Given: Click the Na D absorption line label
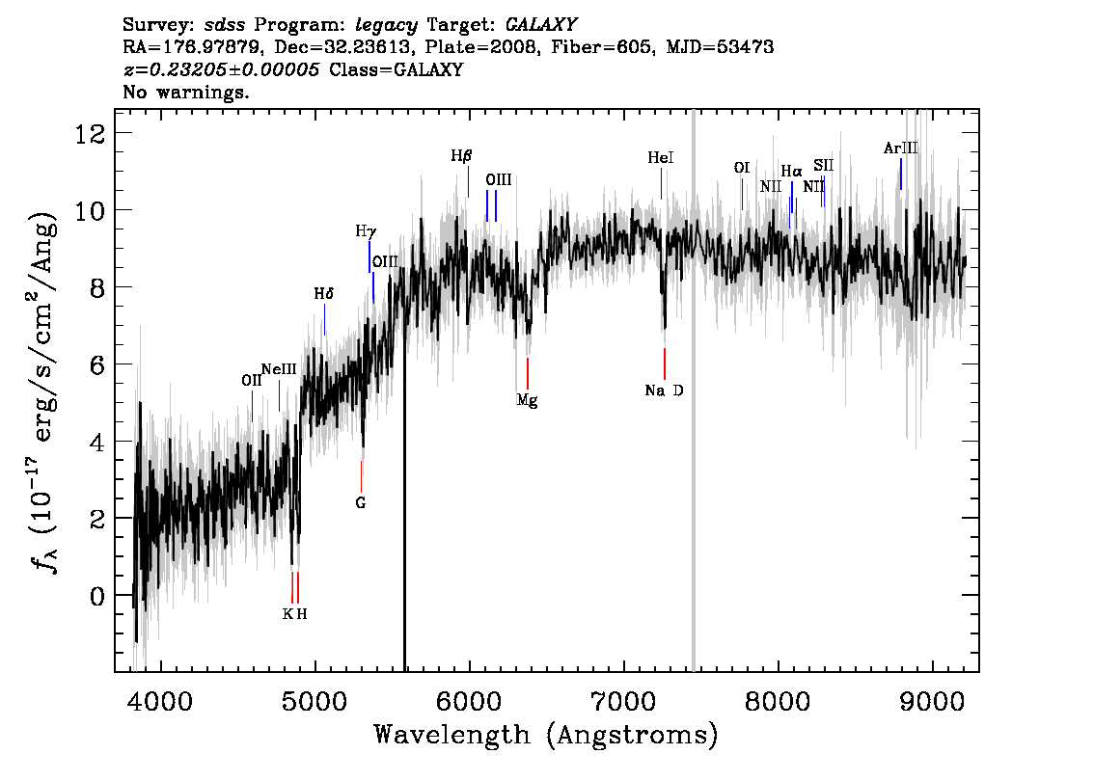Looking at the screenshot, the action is [664, 390].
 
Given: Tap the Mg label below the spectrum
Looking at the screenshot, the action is [527, 400].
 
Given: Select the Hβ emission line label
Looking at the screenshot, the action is [461, 156].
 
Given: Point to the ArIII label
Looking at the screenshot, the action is [901, 148].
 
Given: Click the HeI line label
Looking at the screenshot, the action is [661, 157].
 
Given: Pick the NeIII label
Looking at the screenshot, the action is [279, 369].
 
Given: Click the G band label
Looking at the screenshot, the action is [361, 502].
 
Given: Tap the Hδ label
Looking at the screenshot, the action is [324, 294].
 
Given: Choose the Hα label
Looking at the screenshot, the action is [792, 171].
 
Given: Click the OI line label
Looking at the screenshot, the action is [742, 168].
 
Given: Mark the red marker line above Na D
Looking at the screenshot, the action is [664, 364].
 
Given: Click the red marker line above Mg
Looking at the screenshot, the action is [528, 374].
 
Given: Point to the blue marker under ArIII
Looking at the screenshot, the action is [901, 174].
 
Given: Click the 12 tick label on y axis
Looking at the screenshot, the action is [90, 132].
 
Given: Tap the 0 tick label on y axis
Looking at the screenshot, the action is [97, 596].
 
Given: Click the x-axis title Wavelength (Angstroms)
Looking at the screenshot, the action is [546, 735].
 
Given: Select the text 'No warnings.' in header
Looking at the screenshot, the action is [185, 92].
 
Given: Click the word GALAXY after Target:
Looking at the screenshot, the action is [540, 25].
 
